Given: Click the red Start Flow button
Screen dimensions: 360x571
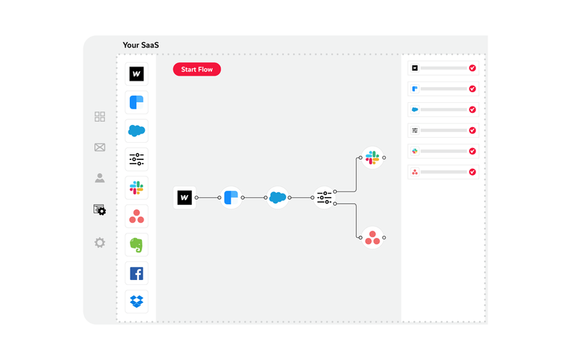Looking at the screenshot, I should (197, 69).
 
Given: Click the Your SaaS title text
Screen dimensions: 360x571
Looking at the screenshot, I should (141, 45).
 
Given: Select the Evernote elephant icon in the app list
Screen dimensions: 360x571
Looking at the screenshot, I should (136, 245).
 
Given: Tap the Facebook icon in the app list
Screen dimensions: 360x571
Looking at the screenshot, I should (136, 274).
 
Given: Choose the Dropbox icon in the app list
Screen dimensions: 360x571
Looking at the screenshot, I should (136, 301).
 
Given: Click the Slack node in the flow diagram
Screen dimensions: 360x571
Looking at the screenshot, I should (373, 157).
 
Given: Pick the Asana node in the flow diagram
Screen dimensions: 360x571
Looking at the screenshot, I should (373, 237).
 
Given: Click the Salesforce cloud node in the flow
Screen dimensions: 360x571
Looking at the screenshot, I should (278, 197).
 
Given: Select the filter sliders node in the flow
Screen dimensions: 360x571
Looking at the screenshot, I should (324, 197).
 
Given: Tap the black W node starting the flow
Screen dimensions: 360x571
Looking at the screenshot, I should (185, 197).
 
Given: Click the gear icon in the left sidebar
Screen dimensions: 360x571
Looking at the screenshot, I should (100, 243).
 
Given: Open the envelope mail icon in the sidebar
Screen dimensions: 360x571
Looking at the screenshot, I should (100, 147).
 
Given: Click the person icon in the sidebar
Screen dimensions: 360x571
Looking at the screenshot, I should (100, 178).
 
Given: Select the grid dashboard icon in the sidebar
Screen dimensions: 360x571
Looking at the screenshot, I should (100, 116).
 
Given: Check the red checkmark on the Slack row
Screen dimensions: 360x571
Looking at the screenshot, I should (473, 151).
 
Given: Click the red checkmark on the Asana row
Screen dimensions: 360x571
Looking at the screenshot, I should (473, 172).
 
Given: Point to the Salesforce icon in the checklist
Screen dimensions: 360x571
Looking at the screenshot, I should (415, 110).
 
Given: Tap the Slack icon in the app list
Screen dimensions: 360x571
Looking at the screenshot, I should (136, 188).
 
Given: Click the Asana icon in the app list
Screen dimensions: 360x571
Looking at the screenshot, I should (136, 216).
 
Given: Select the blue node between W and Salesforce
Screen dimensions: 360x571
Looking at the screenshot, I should (231, 197).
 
